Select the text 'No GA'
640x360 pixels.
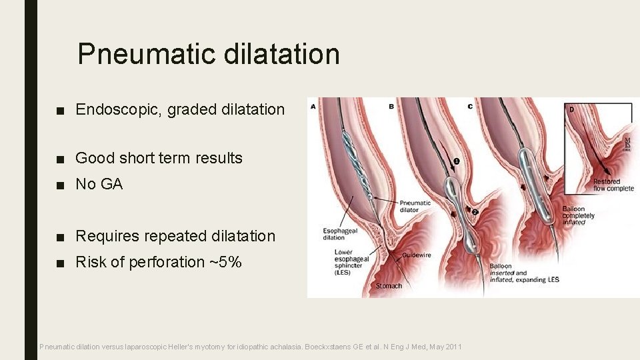(99, 184)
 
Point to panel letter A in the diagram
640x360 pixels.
(313, 105)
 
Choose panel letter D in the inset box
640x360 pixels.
(571, 108)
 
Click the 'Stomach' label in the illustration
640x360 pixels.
(389, 286)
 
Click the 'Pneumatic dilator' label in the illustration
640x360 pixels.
(415, 206)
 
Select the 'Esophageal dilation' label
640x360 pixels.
(334, 234)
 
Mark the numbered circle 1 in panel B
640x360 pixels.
(457, 161)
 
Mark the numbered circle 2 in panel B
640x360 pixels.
(474, 211)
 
